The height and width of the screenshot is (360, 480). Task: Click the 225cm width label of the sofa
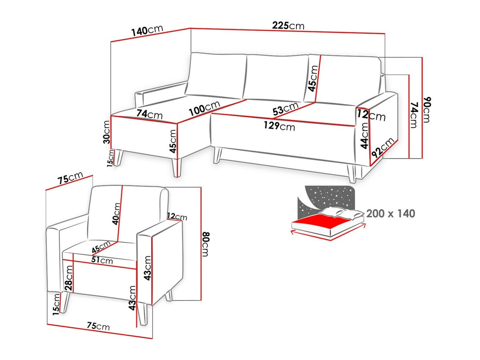(x=288, y=26)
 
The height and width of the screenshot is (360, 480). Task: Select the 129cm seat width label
(x=279, y=126)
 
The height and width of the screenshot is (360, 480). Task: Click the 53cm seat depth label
(x=286, y=108)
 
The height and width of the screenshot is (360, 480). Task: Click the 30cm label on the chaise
(x=106, y=133)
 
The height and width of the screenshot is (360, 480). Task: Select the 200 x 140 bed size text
(x=390, y=214)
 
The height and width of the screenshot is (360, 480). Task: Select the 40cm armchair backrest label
(x=116, y=213)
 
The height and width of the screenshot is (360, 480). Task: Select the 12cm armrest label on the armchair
(x=177, y=217)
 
